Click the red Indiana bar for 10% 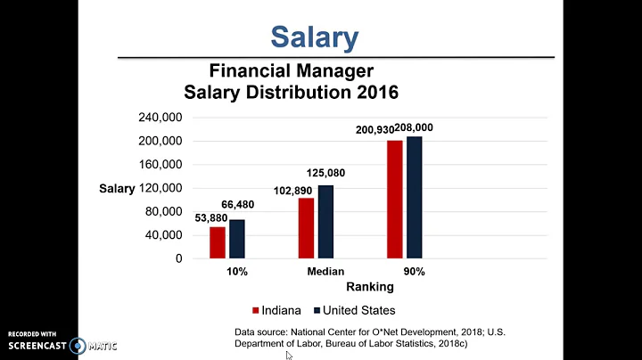click(x=218, y=242)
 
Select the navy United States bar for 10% click(x=236, y=239)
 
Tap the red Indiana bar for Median click(x=306, y=228)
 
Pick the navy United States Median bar click(x=325, y=222)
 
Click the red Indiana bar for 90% click(x=394, y=200)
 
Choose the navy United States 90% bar click(x=414, y=198)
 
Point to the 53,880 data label click(x=212, y=217)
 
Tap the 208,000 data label click(x=426, y=127)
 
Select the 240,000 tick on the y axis click(x=160, y=118)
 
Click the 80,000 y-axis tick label click(x=164, y=211)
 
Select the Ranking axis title click(x=369, y=287)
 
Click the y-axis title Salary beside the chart click(x=117, y=189)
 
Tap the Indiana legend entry click(x=278, y=310)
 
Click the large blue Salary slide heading click(x=314, y=37)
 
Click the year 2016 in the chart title click(x=374, y=92)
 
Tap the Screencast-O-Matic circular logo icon click(x=79, y=345)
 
